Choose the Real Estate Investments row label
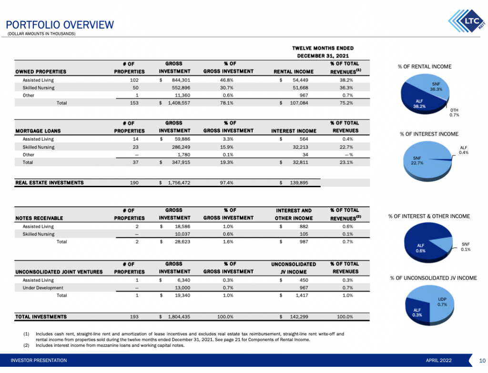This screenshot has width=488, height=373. tap(50, 182)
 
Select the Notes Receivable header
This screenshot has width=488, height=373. tap(39, 218)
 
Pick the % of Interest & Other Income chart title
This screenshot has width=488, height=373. tap(429, 216)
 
